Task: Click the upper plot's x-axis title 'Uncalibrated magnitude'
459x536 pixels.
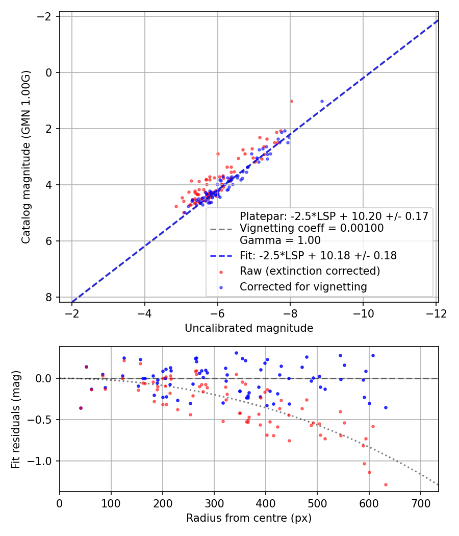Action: [x=248, y=328]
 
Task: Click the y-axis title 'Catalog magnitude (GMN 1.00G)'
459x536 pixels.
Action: [x=26, y=157]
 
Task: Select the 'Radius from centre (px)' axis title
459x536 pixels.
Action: [x=248, y=518]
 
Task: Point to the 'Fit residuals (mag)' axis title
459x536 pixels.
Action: [x=16, y=419]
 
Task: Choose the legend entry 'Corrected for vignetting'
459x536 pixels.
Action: [x=303, y=287]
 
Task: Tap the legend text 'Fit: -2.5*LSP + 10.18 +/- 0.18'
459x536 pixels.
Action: [x=318, y=255]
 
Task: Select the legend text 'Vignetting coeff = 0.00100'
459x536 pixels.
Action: [x=312, y=228]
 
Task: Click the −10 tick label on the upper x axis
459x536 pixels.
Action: [x=363, y=313]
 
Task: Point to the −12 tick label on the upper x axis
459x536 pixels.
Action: [x=435, y=313]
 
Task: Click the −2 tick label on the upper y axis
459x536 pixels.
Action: [x=46, y=17]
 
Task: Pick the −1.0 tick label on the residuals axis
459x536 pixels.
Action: [x=42, y=461]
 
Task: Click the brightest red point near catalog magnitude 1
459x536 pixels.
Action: [x=291, y=101]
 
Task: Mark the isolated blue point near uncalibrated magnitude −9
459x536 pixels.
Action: [x=322, y=101]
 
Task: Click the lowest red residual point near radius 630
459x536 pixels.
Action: [x=386, y=484]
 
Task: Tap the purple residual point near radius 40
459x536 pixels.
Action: [x=81, y=408]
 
